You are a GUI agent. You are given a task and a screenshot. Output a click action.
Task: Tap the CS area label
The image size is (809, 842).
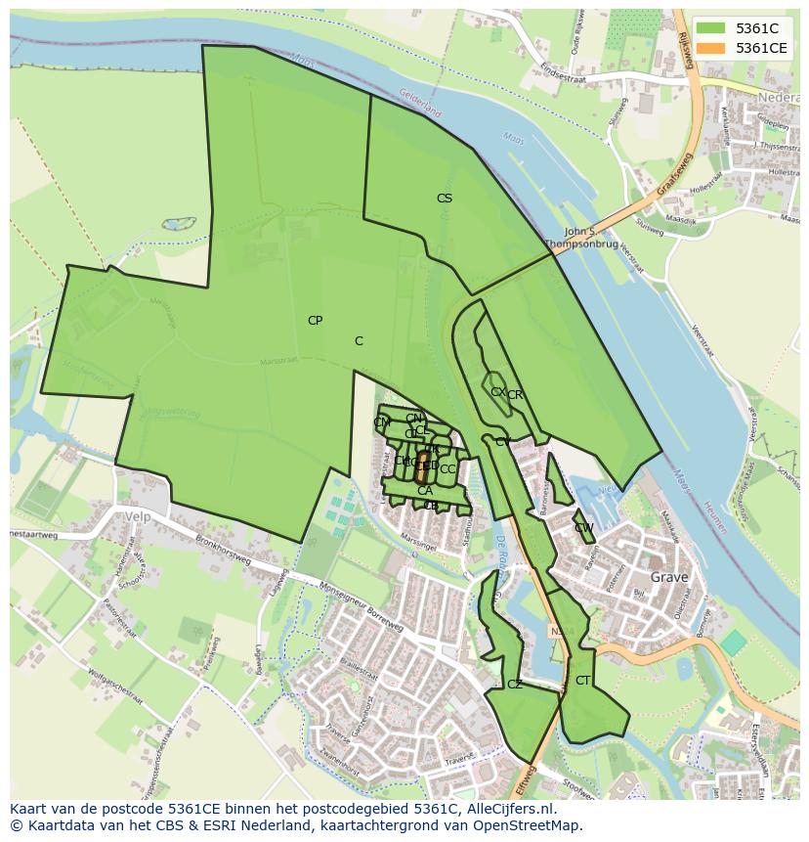tap(445, 199)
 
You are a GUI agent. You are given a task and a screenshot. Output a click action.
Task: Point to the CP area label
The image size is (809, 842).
tap(315, 321)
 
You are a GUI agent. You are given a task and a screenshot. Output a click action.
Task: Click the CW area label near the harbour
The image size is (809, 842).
tap(583, 528)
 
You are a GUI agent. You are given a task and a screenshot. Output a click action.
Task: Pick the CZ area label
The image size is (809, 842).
tap(514, 685)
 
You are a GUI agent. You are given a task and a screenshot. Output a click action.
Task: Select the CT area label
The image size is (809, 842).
tap(582, 681)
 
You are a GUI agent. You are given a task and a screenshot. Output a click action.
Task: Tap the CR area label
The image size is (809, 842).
tap(515, 395)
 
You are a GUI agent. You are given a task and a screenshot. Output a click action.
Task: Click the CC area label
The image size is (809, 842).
tap(447, 469)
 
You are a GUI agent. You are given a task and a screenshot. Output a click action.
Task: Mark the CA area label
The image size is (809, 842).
tap(424, 491)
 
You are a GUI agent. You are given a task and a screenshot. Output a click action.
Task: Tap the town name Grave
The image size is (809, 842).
tap(669, 577)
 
